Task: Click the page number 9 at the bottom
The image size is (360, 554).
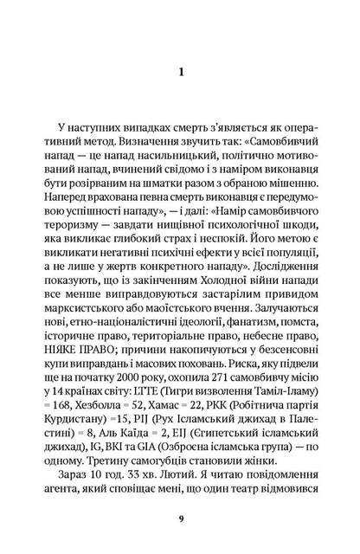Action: click(179, 519)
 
